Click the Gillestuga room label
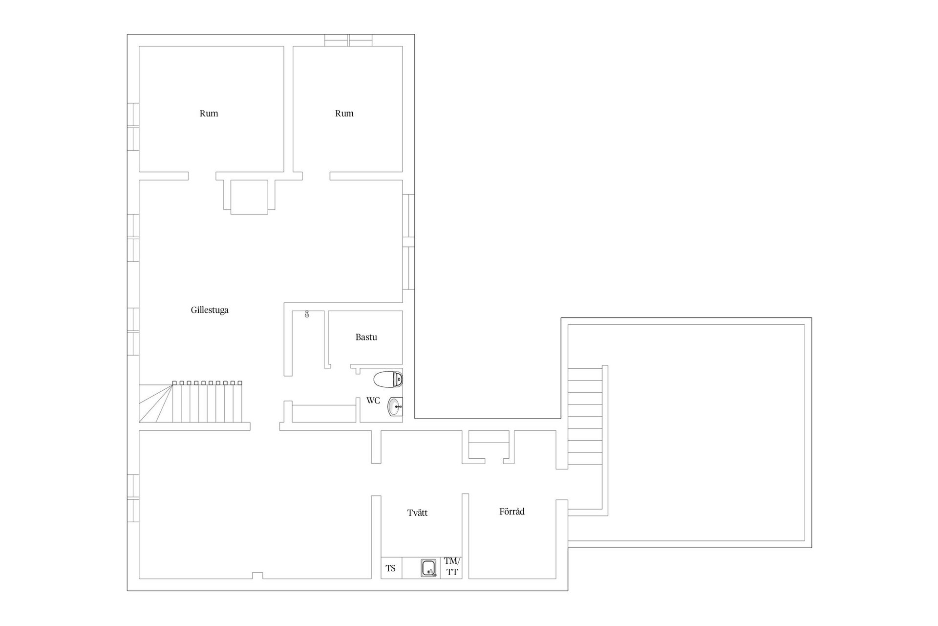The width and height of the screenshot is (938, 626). point(210,310)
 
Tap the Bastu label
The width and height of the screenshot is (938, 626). point(366,337)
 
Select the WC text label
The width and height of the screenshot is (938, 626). point(373,401)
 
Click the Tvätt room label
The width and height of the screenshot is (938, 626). point(418,513)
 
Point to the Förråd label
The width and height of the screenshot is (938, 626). point(512,512)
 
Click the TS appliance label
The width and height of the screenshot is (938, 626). point(391,568)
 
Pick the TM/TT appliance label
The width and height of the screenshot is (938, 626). point(452,566)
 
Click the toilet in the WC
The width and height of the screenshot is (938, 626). point(388,379)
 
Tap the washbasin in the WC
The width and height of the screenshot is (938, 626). point(395,406)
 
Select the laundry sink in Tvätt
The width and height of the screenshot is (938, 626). point(429,568)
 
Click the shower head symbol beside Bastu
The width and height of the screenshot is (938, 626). point(307,314)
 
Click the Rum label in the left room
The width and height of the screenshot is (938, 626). point(209,113)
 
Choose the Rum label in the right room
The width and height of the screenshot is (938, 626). point(344,113)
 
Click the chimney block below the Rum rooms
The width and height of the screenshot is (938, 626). point(249,197)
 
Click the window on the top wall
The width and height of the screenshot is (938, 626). point(348,40)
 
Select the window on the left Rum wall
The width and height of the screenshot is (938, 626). point(133,127)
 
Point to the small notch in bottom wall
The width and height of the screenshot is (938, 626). point(257,576)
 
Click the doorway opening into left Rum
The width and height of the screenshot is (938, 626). point(202,176)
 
